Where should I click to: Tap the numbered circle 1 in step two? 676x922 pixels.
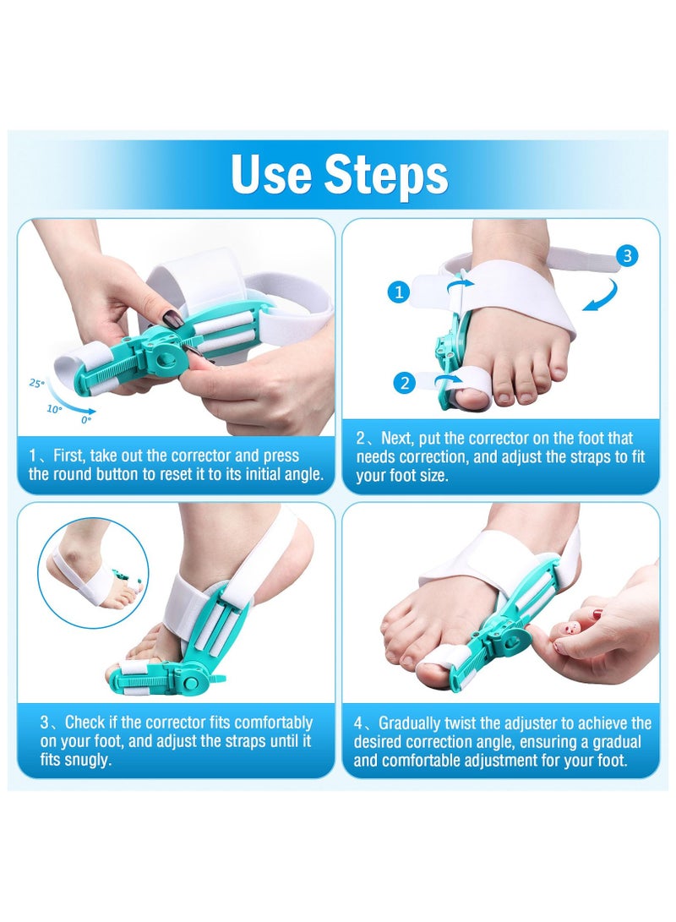[400, 292]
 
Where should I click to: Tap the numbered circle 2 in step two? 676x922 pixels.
[405, 383]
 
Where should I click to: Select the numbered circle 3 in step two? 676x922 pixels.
[626, 256]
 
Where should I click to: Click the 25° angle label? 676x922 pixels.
[36, 383]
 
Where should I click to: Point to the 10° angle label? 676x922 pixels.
[54, 409]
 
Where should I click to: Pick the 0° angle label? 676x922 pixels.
[84, 418]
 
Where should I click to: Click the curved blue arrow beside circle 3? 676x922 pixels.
[602, 297]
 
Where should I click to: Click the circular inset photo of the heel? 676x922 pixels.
[93, 573]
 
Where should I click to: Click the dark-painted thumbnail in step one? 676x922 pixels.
[172, 319]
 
